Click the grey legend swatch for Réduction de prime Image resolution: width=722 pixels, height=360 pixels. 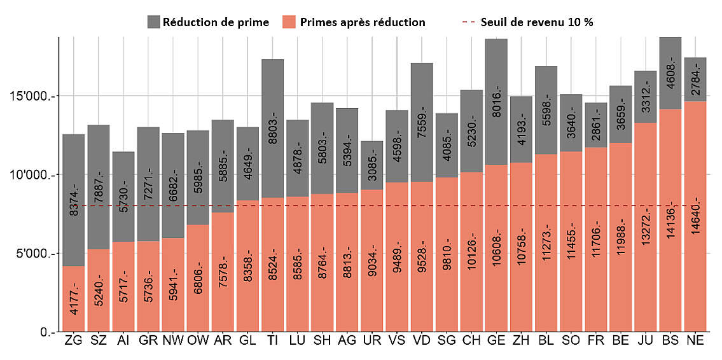click(153, 22)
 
